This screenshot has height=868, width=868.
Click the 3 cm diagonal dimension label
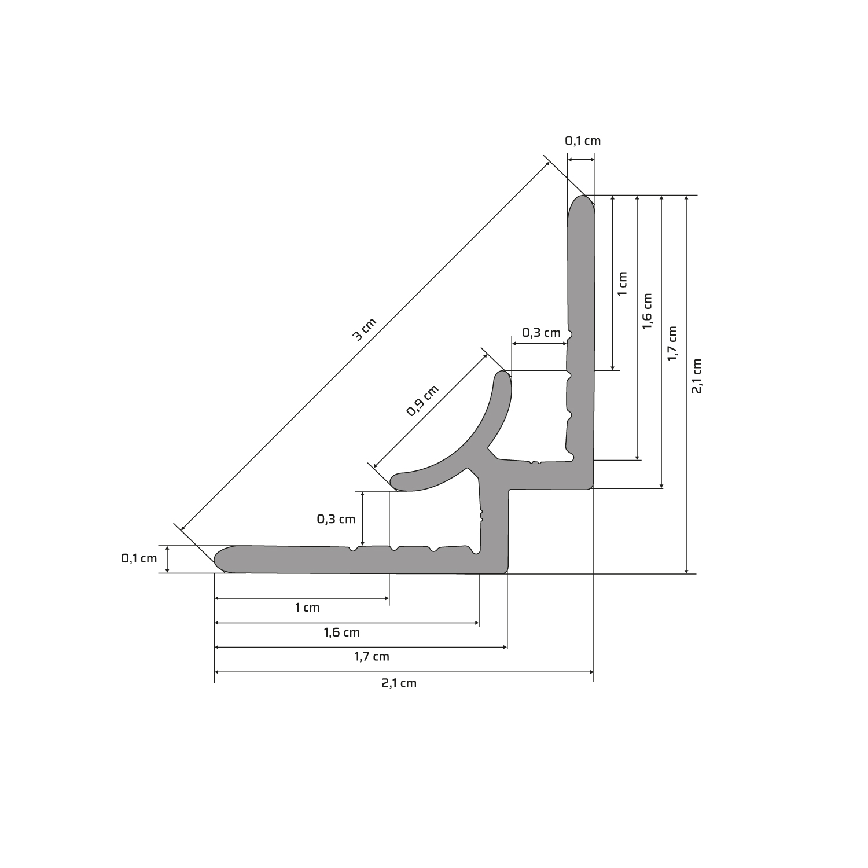pyautogui.click(x=365, y=329)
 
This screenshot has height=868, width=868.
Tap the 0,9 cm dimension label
pyautogui.click(x=423, y=400)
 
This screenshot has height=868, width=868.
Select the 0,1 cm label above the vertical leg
pyautogui.click(x=583, y=141)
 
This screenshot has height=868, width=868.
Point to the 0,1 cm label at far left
pyautogui.click(x=139, y=558)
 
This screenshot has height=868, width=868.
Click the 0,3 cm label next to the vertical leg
pyautogui.click(x=542, y=333)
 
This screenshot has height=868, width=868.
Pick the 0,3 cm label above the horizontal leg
pyautogui.click(x=336, y=519)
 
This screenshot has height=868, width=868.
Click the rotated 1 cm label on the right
pyautogui.click(x=622, y=284)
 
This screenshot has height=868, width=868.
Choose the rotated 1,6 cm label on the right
pyautogui.click(x=647, y=311)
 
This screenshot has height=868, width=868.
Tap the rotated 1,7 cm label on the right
pyautogui.click(x=672, y=344)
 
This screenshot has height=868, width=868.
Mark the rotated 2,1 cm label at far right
pyautogui.click(x=697, y=376)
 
